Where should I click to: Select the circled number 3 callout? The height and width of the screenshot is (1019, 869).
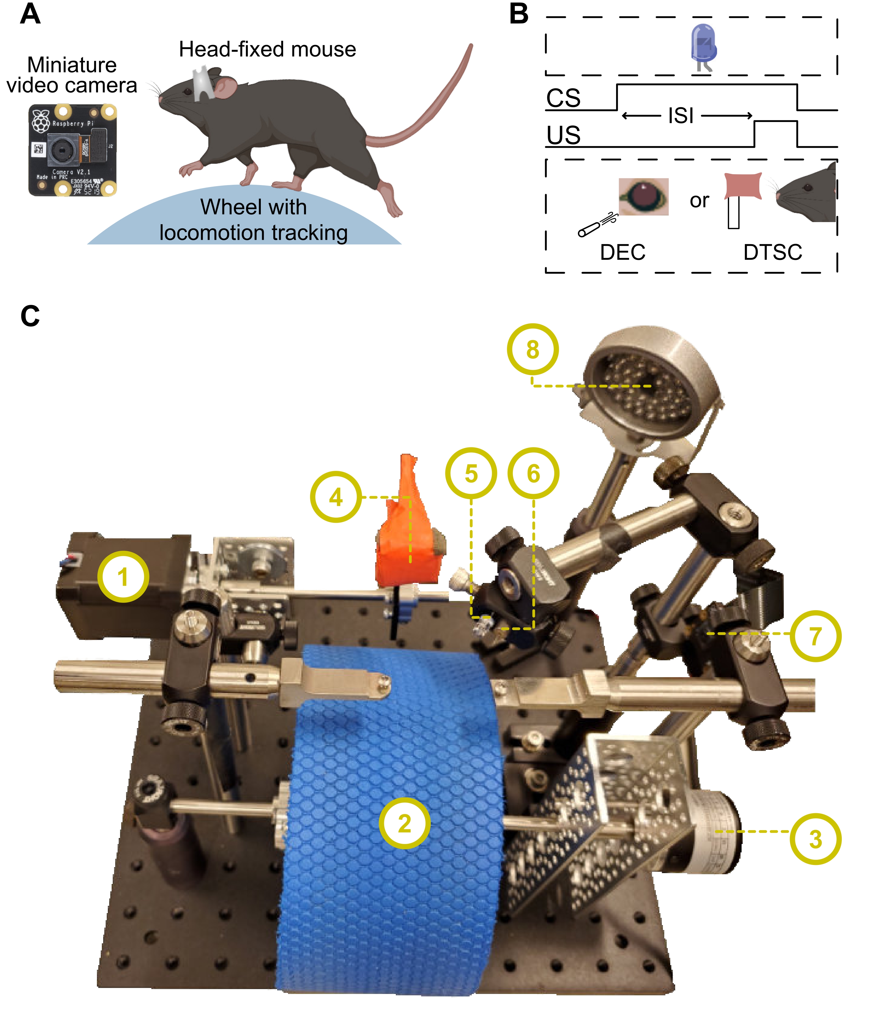[815, 839]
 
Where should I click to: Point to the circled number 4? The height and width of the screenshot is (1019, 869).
[336, 497]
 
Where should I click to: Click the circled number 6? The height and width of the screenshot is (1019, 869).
[533, 473]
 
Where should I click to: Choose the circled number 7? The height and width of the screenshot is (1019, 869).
[815, 636]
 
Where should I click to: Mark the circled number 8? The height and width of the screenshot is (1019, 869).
[533, 349]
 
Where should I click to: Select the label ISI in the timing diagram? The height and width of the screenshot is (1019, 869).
[681, 116]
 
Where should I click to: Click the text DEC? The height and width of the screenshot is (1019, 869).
[623, 252]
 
